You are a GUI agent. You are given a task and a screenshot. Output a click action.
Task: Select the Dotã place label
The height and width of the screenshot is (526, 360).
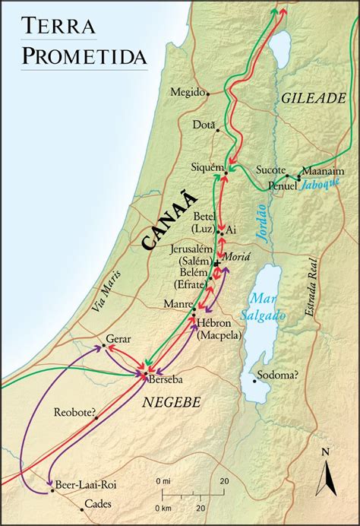tap(204, 124)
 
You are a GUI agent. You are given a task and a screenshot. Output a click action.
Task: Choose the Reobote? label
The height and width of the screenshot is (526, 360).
tap(75, 413)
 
